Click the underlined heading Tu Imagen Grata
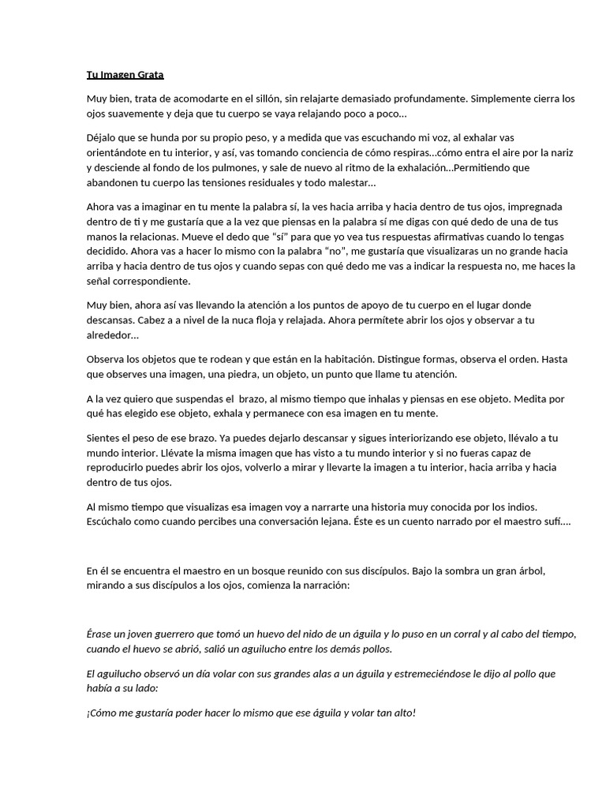click(x=125, y=75)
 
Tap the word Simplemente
click(x=498, y=99)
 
